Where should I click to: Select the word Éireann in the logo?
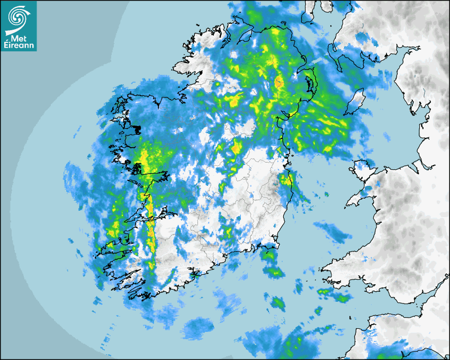point(18,46)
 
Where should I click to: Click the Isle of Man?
point(356,102)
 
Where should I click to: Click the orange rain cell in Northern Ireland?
point(278,83)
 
